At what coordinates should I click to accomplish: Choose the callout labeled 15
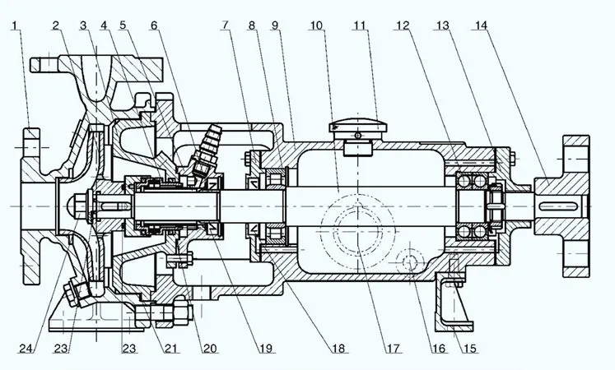(469, 348)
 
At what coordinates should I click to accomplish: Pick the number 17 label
(393, 348)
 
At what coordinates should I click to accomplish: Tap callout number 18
(338, 348)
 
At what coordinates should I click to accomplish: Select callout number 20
(209, 348)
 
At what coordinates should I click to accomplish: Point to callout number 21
(170, 348)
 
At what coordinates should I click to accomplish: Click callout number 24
(28, 348)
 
